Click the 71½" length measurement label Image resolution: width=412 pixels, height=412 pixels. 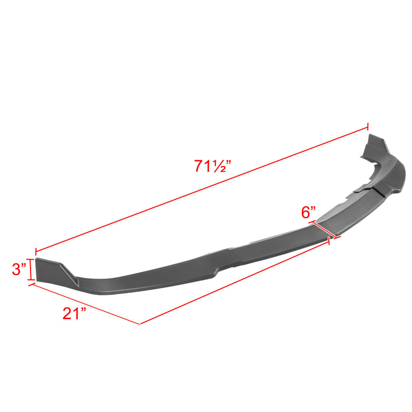point(212,166)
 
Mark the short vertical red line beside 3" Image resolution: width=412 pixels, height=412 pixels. point(31,269)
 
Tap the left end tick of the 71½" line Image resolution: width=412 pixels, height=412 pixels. point(36,251)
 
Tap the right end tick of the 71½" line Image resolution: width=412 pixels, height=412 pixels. point(368,127)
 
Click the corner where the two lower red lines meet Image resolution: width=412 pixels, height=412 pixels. point(140,324)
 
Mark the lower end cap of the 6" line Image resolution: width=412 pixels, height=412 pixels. point(337,238)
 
